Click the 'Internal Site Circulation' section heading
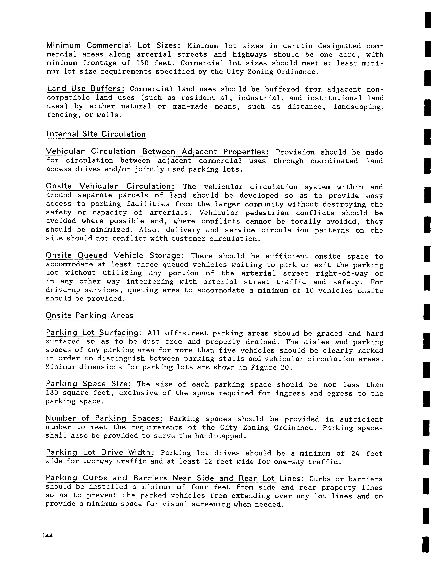click(x=96, y=134)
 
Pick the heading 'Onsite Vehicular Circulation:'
click(x=110, y=186)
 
